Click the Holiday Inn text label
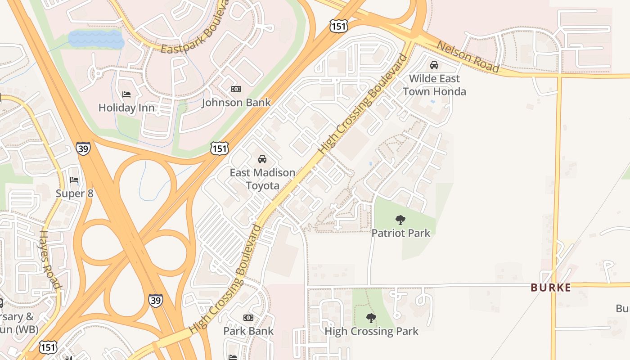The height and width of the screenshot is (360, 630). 126,108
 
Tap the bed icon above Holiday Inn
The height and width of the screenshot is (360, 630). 126,94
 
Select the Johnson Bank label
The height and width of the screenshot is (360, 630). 236,103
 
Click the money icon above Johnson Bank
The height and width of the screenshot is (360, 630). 236,89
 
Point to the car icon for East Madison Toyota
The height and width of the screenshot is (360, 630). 262,159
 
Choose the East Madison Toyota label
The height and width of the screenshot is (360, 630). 262,179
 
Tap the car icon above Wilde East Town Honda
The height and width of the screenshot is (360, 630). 434,65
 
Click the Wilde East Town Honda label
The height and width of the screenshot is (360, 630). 434,85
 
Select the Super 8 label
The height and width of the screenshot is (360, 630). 75,193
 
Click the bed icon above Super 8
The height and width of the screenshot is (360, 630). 74,180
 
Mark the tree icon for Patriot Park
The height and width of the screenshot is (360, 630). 400,220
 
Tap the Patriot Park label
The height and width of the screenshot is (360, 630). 400,233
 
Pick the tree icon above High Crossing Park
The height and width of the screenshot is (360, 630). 371,318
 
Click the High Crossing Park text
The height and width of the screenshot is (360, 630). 371,331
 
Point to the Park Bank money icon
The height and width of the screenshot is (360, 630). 248,318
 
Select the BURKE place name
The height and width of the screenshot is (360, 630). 551,288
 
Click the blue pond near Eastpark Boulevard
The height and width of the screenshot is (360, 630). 96,39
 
